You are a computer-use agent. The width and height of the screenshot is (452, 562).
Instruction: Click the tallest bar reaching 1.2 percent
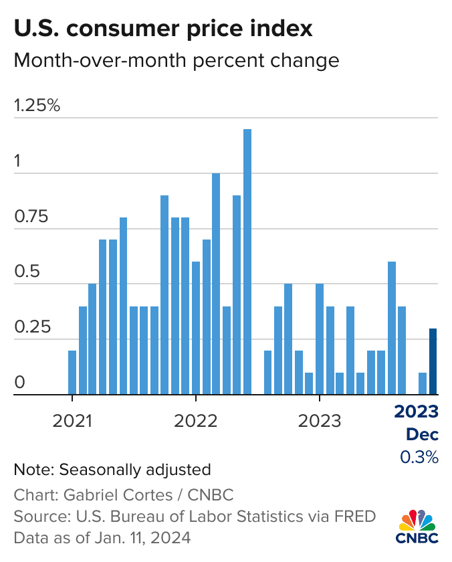pyautogui.click(x=247, y=262)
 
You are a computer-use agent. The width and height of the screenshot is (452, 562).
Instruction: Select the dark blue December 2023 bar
pyautogui.click(x=433, y=361)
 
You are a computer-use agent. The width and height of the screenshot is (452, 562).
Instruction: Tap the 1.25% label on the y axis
pyautogui.click(x=37, y=105)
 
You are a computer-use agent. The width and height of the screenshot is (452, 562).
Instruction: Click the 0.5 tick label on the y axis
pyautogui.click(x=26, y=272)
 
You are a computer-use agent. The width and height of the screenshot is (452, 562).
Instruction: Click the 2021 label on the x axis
pyautogui.click(x=72, y=421)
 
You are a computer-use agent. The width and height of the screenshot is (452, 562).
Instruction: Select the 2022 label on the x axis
pyautogui.click(x=195, y=421)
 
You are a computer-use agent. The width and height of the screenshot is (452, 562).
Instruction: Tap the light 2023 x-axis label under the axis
pyautogui.click(x=320, y=421)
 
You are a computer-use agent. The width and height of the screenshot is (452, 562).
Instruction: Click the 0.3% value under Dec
pyautogui.click(x=419, y=457)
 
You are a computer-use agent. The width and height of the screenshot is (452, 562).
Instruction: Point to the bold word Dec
pyautogui.click(x=423, y=434)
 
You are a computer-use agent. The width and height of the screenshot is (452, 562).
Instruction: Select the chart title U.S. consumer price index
pyautogui.click(x=162, y=29)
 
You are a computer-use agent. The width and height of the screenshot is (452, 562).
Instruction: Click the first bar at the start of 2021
pyautogui.click(x=72, y=372)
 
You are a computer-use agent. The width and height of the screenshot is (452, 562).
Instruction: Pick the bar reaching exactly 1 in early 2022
pyautogui.click(x=216, y=284)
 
